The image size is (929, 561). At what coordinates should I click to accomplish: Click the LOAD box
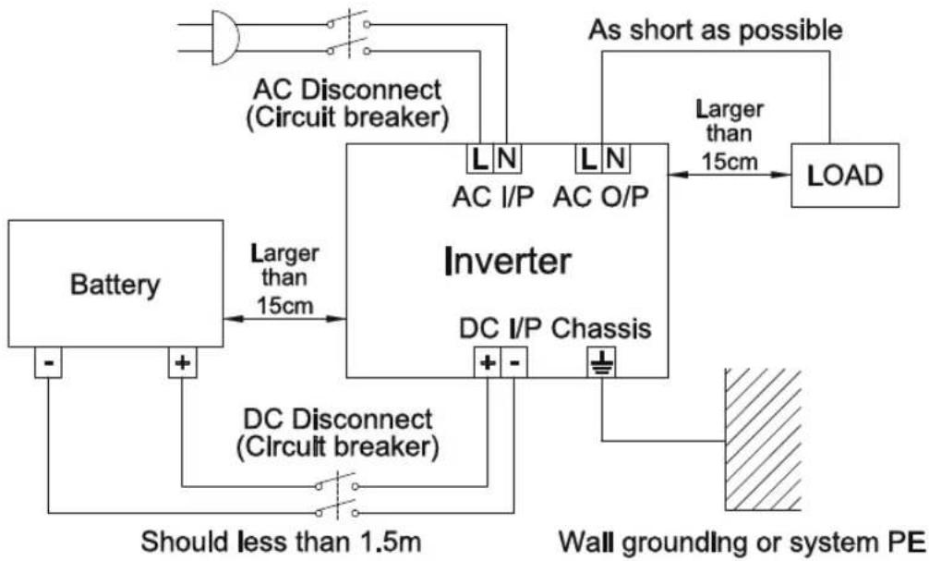(x=845, y=176)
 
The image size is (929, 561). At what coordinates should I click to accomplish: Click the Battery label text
(x=114, y=285)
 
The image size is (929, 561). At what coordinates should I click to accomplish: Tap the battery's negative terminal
(x=48, y=363)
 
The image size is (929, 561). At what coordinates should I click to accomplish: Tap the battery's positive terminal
(x=182, y=363)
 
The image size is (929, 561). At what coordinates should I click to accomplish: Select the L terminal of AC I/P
(x=478, y=159)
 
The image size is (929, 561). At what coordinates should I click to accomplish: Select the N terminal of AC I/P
(x=507, y=159)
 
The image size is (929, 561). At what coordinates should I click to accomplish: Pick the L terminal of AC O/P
(x=587, y=159)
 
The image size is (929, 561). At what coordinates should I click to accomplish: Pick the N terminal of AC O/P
(x=616, y=159)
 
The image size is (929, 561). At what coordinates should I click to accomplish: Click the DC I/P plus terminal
(x=487, y=363)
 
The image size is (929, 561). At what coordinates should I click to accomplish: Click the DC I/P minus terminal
(x=513, y=363)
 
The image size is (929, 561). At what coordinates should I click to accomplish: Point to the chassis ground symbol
(x=601, y=363)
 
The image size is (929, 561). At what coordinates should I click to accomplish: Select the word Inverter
(x=507, y=262)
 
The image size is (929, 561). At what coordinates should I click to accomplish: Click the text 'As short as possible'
(x=717, y=30)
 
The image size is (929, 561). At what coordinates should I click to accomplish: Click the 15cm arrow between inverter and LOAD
(x=730, y=174)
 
